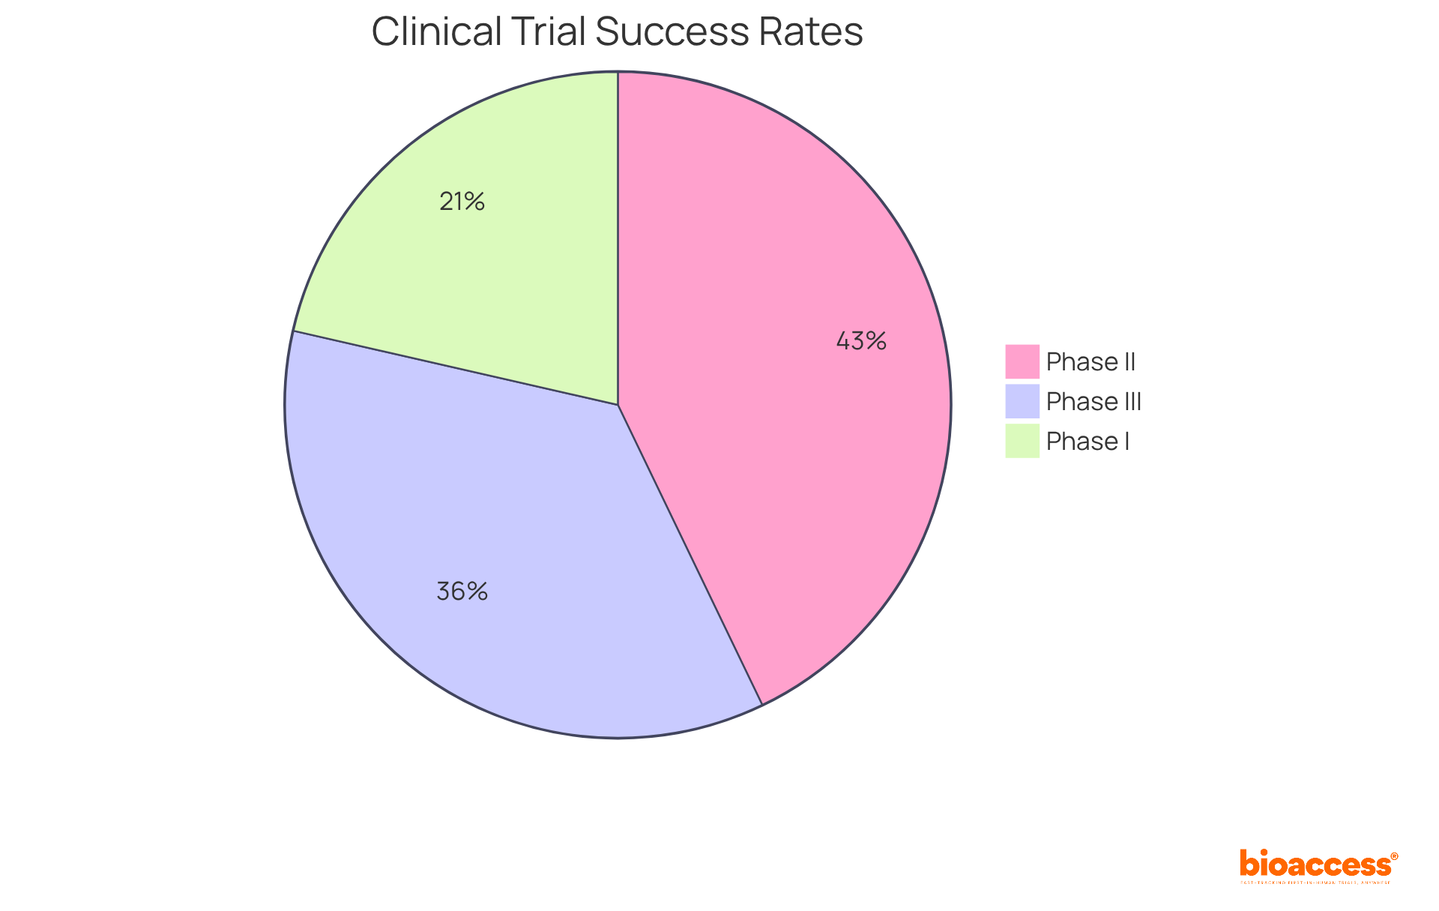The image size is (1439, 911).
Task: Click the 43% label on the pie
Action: [x=861, y=342]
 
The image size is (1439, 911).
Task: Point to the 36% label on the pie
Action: [x=462, y=592]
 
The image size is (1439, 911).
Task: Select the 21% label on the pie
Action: [x=462, y=202]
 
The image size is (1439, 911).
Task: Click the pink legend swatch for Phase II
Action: [x=1022, y=361]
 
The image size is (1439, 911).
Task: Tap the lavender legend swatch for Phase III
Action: [x=1022, y=401]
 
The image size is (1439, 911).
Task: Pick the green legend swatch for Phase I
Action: [x=1022, y=441]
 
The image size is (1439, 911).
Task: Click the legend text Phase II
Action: [x=1090, y=362]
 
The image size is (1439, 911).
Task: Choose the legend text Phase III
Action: [x=1093, y=402]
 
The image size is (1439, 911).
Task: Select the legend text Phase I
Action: [x=1087, y=442]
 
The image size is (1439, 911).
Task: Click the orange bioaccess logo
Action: [x=1315, y=864]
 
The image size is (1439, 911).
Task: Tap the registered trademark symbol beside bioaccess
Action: [x=1394, y=856]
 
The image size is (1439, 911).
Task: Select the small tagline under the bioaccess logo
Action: [x=1315, y=883]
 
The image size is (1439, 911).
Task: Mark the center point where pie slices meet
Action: [x=618, y=405]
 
